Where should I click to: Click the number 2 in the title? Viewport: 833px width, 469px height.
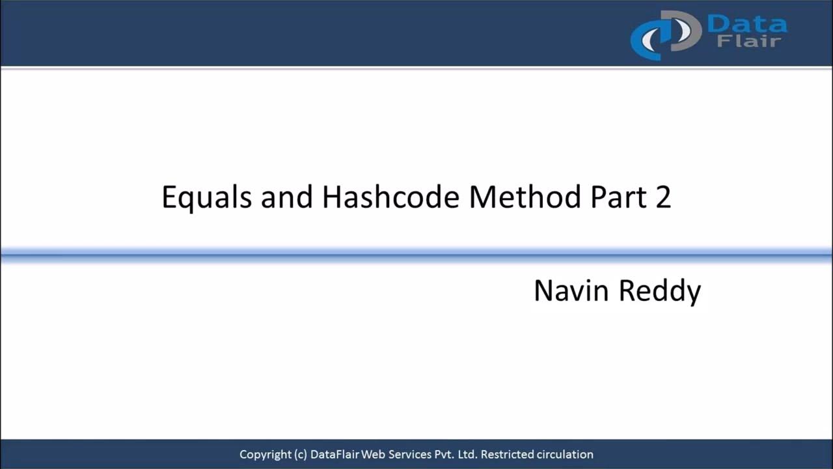[662, 197]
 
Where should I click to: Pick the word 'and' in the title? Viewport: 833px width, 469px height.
[286, 196]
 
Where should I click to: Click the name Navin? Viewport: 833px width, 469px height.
[571, 291]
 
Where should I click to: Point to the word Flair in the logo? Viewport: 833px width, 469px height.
[748, 42]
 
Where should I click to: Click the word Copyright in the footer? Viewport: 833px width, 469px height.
[265, 455]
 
